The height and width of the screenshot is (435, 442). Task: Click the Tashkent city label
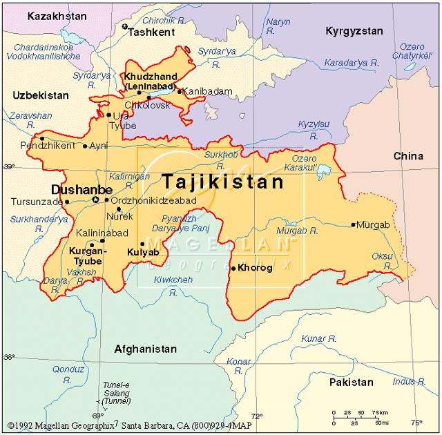coord(151,32)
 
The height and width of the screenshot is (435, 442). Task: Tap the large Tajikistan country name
coord(222,182)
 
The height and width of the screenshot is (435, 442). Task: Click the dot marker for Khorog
coord(233,268)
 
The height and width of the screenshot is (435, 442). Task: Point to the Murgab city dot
coord(354,224)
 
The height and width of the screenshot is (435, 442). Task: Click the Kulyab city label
coord(143,253)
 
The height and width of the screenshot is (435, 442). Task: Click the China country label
coord(408,156)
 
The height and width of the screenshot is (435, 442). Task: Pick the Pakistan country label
coord(351,382)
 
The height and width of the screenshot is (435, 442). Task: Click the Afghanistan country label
coord(145,349)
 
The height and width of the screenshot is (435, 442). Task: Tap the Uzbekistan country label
coord(40,95)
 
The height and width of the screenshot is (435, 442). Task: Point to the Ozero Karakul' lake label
coord(305,163)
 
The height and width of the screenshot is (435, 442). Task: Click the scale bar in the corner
coord(359,417)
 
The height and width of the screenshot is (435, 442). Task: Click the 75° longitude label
coord(416,423)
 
